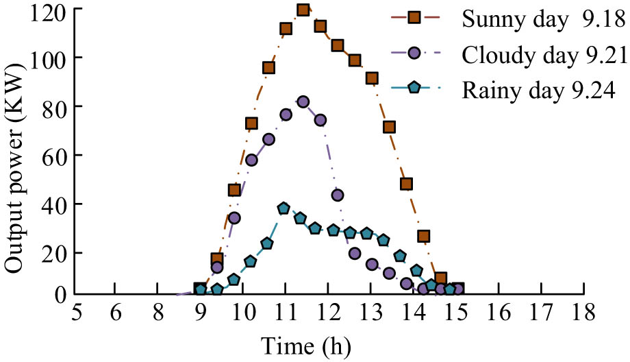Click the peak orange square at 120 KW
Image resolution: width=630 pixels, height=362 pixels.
pos(303,10)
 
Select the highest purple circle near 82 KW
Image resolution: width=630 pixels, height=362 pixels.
pos(303,101)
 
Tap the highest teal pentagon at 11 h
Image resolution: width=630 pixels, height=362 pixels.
pos(283,208)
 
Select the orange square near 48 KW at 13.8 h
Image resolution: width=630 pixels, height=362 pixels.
pos(406,184)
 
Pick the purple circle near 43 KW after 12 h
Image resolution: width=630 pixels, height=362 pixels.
pos(338,195)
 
